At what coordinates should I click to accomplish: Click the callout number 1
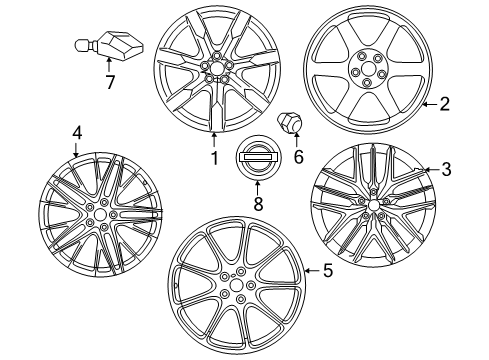[212, 157]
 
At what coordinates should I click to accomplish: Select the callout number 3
[446, 170]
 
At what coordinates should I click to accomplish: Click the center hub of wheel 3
[374, 205]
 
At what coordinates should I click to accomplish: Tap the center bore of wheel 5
[237, 286]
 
